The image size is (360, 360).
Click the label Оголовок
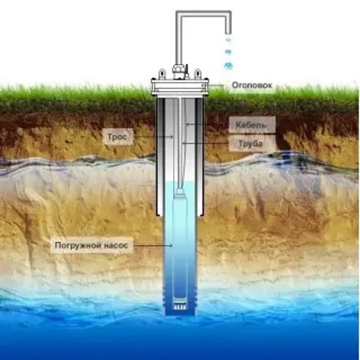coord(252,85)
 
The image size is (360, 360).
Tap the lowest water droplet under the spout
coord(228,66)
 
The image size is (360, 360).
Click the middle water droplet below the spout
coord(228,52)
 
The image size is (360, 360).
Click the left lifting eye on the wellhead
coord(162,73)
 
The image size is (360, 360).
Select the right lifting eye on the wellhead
coord(197,73)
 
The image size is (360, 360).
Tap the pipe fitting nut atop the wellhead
coord(178,69)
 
